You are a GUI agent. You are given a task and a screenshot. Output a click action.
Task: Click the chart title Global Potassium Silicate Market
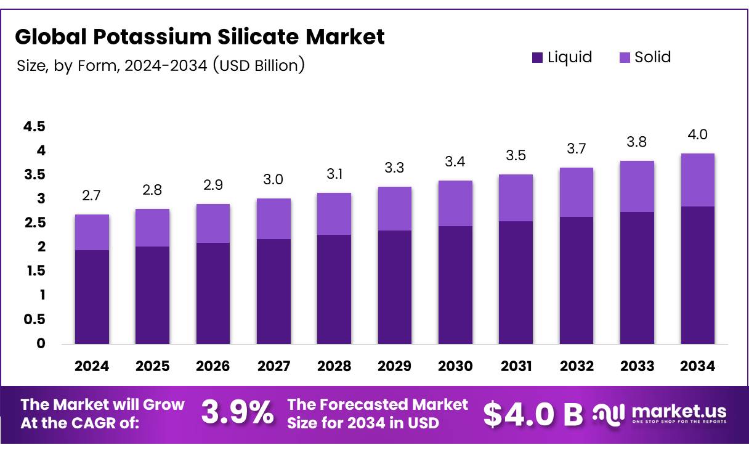coord(200,37)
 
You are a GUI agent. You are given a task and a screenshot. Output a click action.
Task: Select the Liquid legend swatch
coord(537,58)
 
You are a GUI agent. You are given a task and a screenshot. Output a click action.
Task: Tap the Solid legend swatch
coord(624,58)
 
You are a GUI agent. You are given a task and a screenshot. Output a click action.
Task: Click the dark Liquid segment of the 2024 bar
coord(92,296)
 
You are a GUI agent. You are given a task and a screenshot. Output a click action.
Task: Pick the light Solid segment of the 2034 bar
coord(698,180)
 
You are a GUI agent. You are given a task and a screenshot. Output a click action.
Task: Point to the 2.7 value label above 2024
coord(92,196)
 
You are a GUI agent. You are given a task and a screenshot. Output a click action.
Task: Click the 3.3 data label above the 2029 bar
coord(395,168)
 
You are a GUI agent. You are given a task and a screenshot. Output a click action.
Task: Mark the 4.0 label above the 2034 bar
coord(698,135)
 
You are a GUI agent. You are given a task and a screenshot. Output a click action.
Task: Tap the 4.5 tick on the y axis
coord(34,127)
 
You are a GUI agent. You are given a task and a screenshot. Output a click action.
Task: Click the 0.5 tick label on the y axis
coord(34,319)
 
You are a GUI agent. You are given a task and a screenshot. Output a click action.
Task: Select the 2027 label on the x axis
coord(273,366)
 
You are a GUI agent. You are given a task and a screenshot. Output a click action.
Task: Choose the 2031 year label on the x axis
coord(516,366)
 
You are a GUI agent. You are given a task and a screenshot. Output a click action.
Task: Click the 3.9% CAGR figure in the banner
coord(238,414)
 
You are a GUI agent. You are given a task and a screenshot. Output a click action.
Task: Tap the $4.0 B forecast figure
coord(532,414)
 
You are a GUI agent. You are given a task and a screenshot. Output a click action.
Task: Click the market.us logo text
coord(678,411)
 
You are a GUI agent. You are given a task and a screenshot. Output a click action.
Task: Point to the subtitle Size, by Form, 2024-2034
coord(160,65)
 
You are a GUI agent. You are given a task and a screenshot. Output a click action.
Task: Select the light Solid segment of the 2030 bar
coord(455,203)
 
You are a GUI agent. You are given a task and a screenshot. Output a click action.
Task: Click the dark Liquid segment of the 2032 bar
coord(577,280)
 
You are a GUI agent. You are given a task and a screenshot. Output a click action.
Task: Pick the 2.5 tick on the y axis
coord(34,223)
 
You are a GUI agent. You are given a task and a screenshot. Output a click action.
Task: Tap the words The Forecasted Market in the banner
coord(378,405)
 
